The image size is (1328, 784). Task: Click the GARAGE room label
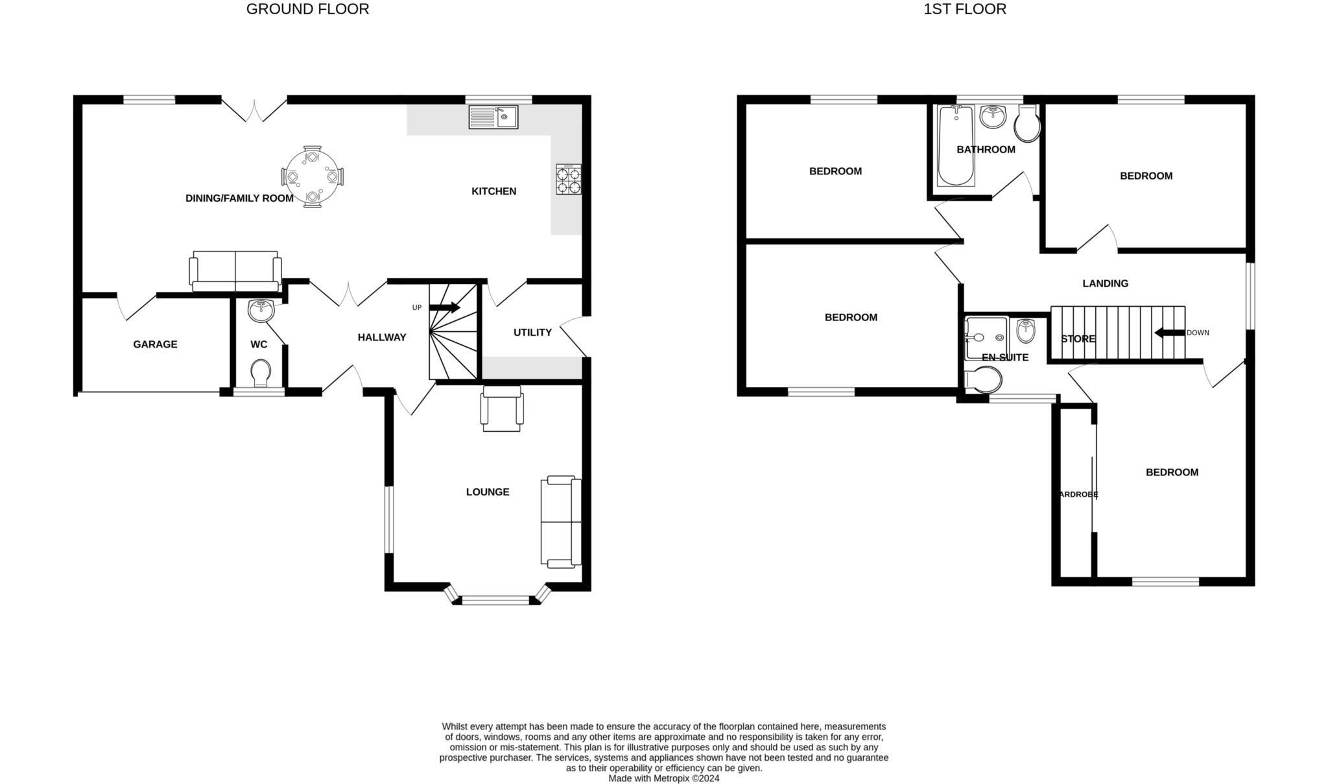[x=155, y=344]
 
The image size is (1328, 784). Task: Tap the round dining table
[x=313, y=176]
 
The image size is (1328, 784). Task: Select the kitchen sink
[x=493, y=117]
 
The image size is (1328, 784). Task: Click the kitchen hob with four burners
[x=569, y=180]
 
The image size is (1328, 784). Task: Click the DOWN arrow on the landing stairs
[x=1169, y=333]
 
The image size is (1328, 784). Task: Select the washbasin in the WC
[x=261, y=311]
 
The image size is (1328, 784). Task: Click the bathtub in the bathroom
[x=956, y=145]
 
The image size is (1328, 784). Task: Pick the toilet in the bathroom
[x=1028, y=125]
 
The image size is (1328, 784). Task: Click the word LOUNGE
[x=488, y=492]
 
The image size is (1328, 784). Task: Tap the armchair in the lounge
[x=502, y=409]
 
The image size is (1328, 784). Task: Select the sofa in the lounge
[x=561, y=521]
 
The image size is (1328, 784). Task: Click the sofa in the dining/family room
[x=235, y=272]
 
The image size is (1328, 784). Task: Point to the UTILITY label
[x=532, y=333]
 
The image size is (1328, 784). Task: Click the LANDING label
[x=1105, y=283]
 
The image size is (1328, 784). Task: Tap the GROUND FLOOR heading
[x=307, y=9]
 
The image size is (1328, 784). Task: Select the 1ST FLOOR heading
[x=965, y=9]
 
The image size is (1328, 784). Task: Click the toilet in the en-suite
[x=984, y=381]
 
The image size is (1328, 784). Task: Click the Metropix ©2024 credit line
[x=664, y=779]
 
